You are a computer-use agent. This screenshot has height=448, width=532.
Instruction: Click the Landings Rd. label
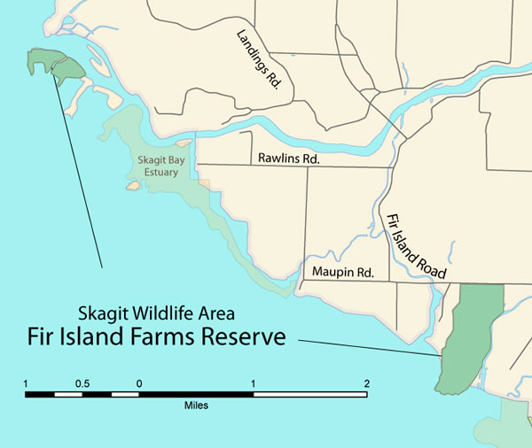(x=258, y=59)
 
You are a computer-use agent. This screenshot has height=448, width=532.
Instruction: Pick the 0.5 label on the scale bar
(x=82, y=383)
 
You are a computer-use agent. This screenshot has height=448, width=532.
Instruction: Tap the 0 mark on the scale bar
(x=139, y=383)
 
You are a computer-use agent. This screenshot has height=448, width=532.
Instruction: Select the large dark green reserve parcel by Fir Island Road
(x=470, y=336)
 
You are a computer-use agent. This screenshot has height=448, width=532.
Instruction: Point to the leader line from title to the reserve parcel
(x=368, y=347)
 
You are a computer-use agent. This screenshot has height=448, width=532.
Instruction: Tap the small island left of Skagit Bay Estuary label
(x=133, y=186)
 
